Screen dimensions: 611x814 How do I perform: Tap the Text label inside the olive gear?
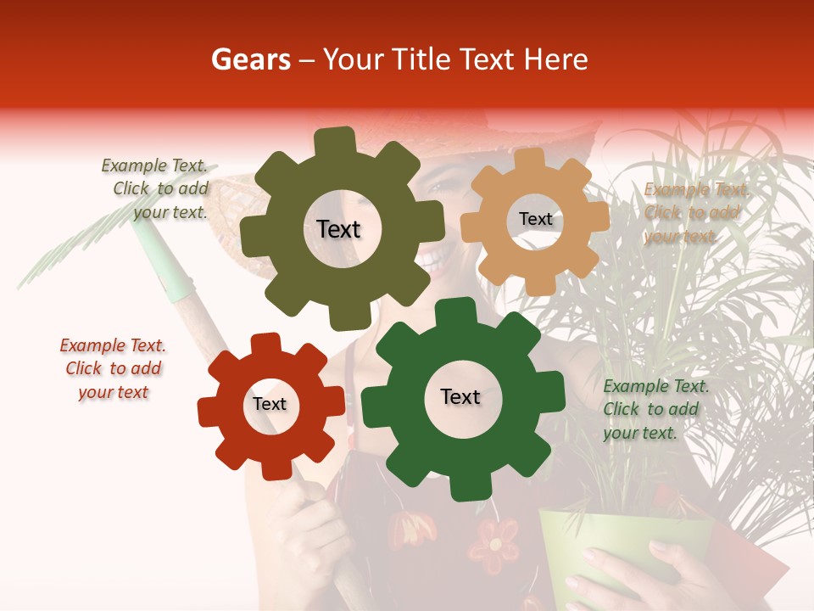coord(338,229)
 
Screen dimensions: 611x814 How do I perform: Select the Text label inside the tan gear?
coord(535,219)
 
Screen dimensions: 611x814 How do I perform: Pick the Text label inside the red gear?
coord(270,404)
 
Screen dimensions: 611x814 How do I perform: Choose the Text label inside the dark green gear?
coord(460,396)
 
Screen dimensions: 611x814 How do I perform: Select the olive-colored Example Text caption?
coord(157,189)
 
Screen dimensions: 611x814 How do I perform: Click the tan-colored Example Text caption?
coord(694,213)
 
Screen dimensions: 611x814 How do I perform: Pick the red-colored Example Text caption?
coord(113,368)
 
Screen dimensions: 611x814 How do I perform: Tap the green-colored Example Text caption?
coord(653,409)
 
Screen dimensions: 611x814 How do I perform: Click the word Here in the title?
coord(556,59)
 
